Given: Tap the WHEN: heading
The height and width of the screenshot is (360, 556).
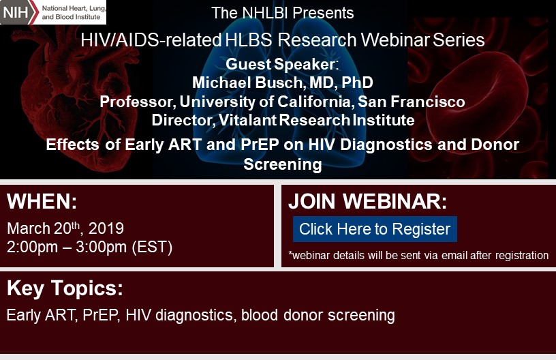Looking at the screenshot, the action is [x=42, y=201].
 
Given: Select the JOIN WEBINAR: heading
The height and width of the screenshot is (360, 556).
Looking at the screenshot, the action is [x=367, y=201].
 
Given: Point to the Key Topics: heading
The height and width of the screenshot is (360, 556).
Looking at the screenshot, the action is [x=65, y=288].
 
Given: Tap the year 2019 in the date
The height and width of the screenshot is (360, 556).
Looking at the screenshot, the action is [x=106, y=228].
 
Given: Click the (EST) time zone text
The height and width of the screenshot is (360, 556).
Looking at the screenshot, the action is [x=152, y=247].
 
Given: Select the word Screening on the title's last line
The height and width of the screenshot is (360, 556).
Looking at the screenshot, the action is [x=283, y=164].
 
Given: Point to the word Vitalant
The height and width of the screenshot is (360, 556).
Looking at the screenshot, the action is [x=247, y=120].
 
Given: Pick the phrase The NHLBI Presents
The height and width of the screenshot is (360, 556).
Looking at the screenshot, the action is [x=283, y=13].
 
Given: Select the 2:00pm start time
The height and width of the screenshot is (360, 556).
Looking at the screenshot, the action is [x=32, y=247].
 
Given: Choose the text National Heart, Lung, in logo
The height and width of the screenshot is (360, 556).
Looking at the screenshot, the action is [x=74, y=8].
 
